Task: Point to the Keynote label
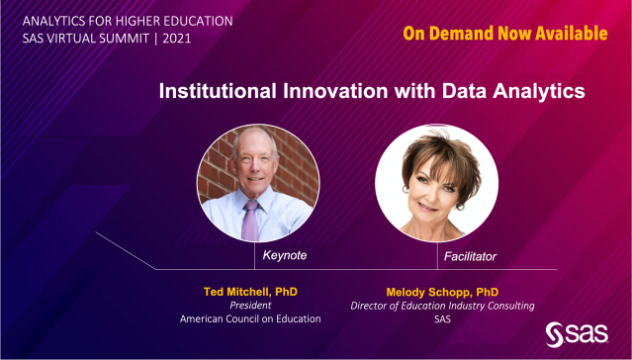(285, 256)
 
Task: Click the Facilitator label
(470, 256)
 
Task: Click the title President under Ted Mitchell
(250, 306)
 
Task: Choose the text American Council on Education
(250, 319)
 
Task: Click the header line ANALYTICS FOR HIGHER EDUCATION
(121, 19)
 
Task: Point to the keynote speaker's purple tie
(250, 221)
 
